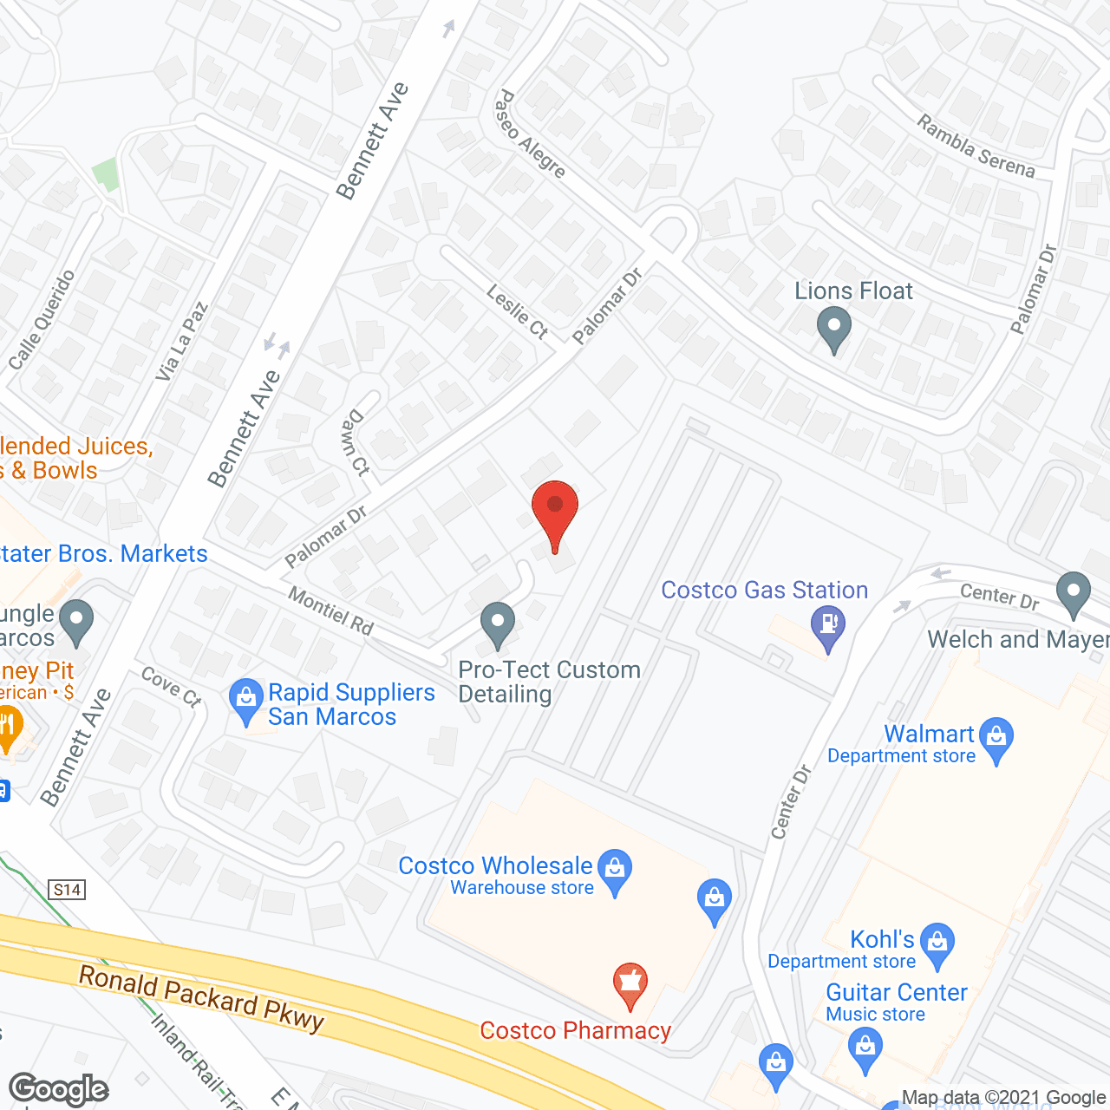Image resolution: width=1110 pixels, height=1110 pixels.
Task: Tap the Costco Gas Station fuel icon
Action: [x=828, y=625]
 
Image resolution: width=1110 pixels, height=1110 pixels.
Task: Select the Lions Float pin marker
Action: [x=834, y=327]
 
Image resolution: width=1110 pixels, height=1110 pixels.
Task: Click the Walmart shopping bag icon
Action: [x=996, y=737]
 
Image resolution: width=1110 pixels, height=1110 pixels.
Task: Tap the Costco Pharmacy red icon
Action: [x=630, y=983]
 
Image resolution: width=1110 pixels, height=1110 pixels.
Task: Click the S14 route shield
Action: [x=67, y=889]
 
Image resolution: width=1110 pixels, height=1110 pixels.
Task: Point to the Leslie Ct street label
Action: [x=518, y=312]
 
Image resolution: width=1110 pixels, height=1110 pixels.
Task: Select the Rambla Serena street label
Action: [x=976, y=147]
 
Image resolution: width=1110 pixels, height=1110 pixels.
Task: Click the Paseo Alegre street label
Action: [x=529, y=134]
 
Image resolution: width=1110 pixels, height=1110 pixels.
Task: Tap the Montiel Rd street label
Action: [x=330, y=610]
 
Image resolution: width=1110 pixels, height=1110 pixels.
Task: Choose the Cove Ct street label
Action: [x=171, y=686]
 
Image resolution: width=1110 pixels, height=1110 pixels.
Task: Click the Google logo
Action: [x=59, y=1089]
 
